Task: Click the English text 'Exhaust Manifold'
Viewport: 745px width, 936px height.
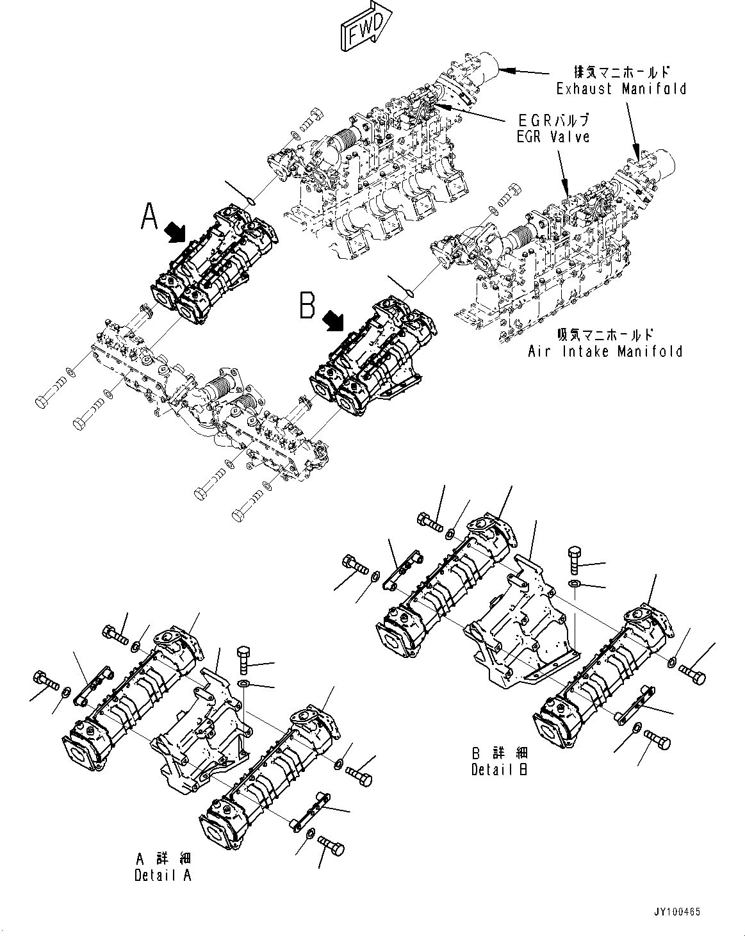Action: [x=621, y=88]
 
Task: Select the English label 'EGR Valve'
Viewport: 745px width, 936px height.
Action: [x=552, y=136]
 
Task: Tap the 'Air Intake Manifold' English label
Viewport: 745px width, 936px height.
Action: [x=605, y=351]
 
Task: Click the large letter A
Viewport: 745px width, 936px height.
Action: [x=149, y=216]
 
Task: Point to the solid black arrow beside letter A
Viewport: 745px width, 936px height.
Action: [x=175, y=233]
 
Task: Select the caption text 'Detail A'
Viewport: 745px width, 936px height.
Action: [x=163, y=874]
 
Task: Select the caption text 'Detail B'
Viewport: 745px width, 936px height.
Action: [x=500, y=769]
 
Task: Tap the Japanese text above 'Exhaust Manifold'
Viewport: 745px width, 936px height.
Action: [x=622, y=72]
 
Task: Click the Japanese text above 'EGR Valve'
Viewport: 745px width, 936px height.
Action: [x=552, y=120]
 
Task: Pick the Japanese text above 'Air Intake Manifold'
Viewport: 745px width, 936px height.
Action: [x=605, y=334]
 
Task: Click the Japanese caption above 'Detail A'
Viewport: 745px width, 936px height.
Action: [x=163, y=858]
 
